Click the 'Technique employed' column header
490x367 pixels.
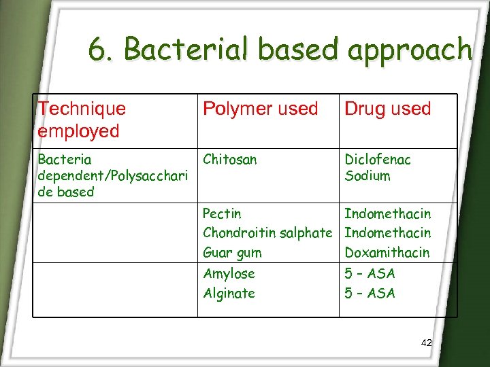(82, 120)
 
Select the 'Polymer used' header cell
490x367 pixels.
(261, 109)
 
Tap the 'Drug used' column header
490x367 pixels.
(388, 109)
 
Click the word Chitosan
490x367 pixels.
(230, 160)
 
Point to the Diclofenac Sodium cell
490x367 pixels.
(378, 167)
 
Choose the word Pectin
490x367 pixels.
(222, 214)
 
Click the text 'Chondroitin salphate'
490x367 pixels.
(267, 233)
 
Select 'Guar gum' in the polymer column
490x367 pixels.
(232, 253)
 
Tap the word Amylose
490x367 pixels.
(229, 274)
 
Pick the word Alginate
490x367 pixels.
(229, 294)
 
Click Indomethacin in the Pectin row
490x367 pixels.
(387, 214)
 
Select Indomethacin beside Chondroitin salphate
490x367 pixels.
(387, 233)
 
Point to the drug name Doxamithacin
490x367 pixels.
(387, 253)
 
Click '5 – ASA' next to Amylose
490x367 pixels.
(370, 274)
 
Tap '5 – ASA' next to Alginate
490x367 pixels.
(370, 294)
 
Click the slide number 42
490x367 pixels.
(426, 343)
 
